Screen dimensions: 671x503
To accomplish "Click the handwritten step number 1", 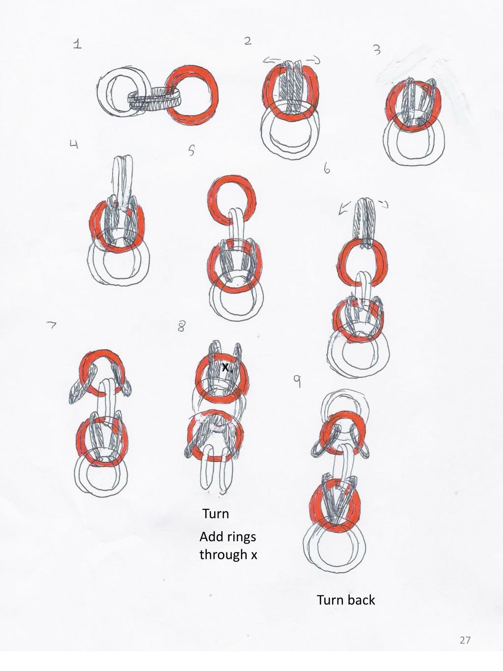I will [77, 44].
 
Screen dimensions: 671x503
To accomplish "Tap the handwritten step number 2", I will [248, 41].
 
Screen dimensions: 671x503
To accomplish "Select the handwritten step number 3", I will [377, 50].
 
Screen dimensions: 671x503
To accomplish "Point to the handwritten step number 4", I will [74, 144].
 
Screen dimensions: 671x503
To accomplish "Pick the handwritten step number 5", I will [192, 151].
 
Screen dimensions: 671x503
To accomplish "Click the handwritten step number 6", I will [327, 169].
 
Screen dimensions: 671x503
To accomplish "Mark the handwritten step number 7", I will [52, 325].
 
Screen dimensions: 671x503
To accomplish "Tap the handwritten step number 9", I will [297, 381].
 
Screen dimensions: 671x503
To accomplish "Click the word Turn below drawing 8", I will [216, 514].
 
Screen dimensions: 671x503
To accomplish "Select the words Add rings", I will [227, 536].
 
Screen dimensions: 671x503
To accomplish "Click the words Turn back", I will [346, 600].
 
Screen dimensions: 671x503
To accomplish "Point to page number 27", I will [465, 640].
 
